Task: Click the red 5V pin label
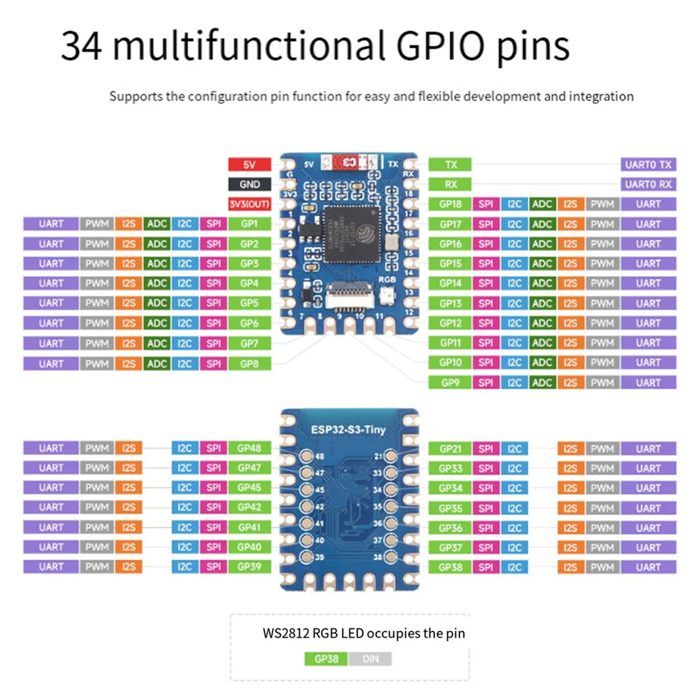coord(249,164)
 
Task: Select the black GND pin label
coord(249,184)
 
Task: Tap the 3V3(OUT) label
coord(249,204)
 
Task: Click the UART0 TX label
coord(648,164)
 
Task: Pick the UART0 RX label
coord(648,184)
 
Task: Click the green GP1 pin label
coord(249,224)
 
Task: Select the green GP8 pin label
coord(249,363)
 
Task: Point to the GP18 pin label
coord(450,204)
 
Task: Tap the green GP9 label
coord(450,383)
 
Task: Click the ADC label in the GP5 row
coord(157,303)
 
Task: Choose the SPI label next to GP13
coord(485,303)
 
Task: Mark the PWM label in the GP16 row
coord(602,244)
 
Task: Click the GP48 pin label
coord(249,448)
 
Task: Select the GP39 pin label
coord(249,566)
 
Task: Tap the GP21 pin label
coord(450,449)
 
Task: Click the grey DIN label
coord(370,659)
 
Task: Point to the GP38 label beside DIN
coord(326,659)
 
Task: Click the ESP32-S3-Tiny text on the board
coord(348,430)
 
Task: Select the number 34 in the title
coord(82,46)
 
